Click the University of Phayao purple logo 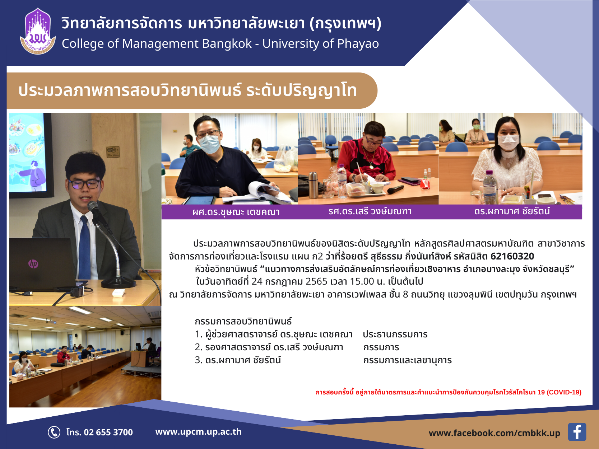point(38,31)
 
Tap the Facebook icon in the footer point(577,432)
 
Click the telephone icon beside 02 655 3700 point(54,432)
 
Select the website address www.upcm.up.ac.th point(198,432)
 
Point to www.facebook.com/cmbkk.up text point(494,433)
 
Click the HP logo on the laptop point(33,263)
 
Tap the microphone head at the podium point(93,207)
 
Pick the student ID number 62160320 point(512,256)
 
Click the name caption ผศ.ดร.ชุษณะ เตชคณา point(236,212)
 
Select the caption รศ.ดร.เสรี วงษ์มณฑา point(370,211)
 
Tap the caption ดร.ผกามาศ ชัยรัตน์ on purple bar point(512,211)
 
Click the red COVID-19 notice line point(449,392)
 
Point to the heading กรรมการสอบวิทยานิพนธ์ point(243,322)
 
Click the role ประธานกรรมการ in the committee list point(395,334)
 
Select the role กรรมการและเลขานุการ point(408,360)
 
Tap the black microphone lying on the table point(395,190)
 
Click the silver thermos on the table point(313,185)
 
